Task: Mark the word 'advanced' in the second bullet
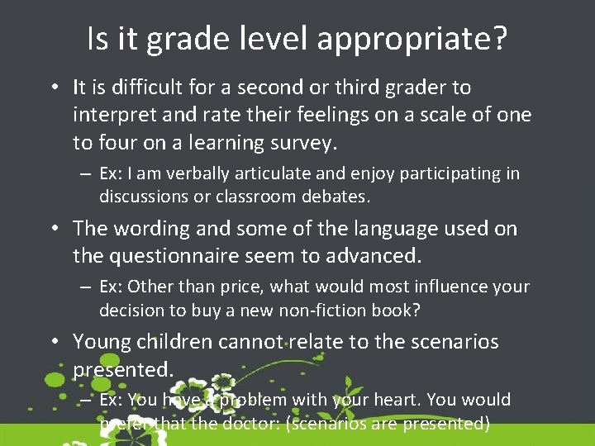click(373, 256)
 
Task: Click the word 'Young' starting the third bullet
click(102, 341)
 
